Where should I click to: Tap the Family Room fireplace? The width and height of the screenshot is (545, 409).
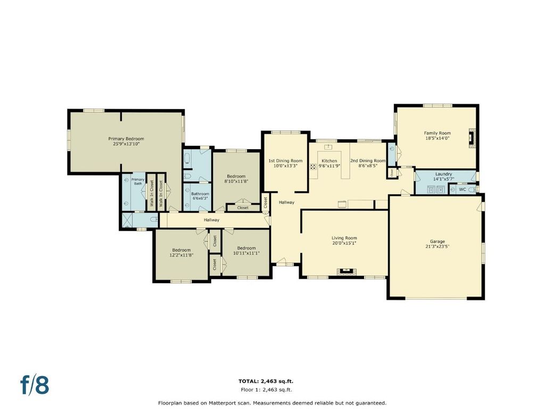pyautogui.click(x=472, y=138)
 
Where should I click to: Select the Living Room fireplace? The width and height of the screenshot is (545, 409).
pyautogui.click(x=346, y=271)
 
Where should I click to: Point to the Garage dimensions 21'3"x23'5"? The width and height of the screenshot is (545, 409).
pyautogui.click(x=437, y=247)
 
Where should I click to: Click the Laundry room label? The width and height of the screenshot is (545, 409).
pyautogui.click(x=443, y=174)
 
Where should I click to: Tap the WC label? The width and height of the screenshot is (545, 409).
pyautogui.click(x=463, y=190)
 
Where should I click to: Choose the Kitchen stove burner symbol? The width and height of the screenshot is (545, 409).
pyautogui.click(x=313, y=166)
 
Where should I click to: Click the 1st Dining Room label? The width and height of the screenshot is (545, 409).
pyautogui.click(x=285, y=161)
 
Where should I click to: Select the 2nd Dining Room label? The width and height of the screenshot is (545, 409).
pyautogui.click(x=368, y=161)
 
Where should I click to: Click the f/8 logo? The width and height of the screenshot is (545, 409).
pyautogui.click(x=35, y=385)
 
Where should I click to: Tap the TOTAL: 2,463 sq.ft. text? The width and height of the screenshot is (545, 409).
pyautogui.click(x=268, y=381)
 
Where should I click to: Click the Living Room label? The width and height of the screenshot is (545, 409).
pyautogui.click(x=344, y=238)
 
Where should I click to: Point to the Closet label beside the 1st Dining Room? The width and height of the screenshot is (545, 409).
pyautogui.click(x=265, y=202)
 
